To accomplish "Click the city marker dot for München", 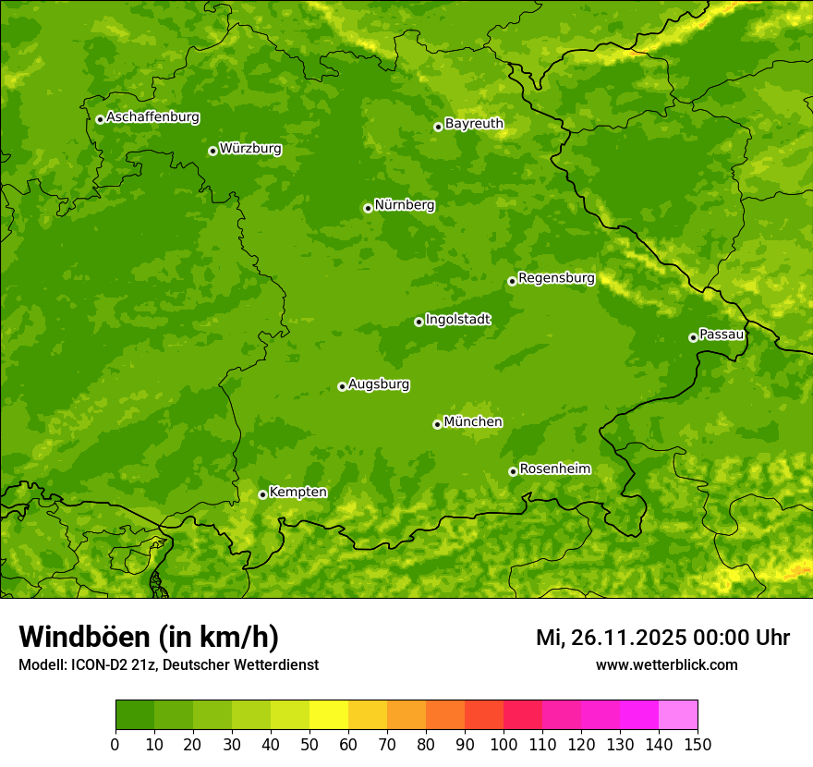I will click(437, 424).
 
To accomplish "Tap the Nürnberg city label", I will click(404, 205).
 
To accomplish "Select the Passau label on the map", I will click(722, 335).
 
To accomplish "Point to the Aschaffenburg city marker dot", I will click(100, 119).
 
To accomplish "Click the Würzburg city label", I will click(250, 149).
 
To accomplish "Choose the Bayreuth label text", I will click(474, 124).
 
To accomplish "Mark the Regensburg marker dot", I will click(512, 281).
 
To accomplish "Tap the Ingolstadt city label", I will click(457, 320).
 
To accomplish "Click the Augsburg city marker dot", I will click(342, 386).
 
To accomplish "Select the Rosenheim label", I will click(554, 469).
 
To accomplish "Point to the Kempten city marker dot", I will click(262, 494).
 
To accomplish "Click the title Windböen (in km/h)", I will click(149, 638).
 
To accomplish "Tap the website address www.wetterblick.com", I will click(666, 664).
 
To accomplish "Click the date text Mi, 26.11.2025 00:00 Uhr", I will click(662, 638).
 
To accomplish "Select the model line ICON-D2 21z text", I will click(168, 664).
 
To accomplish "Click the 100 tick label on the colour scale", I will click(504, 744).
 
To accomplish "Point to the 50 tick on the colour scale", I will click(309, 744).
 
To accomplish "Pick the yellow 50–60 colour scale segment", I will click(329, 714).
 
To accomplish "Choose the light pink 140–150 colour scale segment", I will click(678, 714).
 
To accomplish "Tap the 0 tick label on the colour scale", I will click(115, 744).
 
